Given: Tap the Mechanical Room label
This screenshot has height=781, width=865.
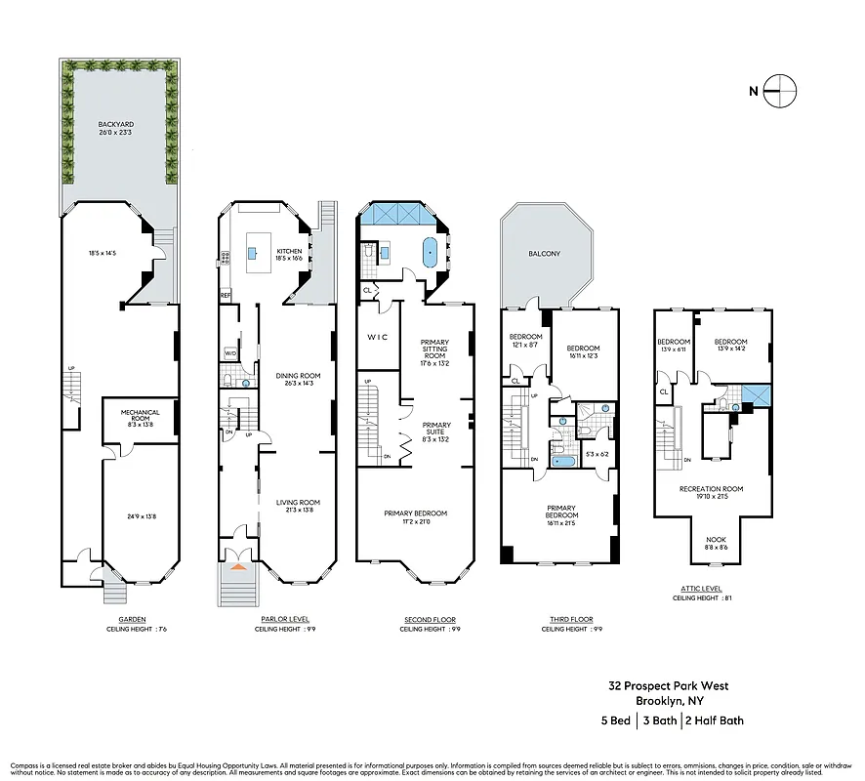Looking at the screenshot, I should point(141,412).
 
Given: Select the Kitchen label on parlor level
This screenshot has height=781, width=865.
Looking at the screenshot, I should point(289,251).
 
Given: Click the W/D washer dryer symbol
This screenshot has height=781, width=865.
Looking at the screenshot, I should point(231,353).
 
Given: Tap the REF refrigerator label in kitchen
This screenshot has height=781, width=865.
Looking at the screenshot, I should point(225,295).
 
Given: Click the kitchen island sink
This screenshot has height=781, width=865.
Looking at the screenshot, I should point(252,252).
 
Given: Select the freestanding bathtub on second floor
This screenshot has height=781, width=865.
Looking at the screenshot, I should point(430,252).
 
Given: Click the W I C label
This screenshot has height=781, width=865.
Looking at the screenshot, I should point(378,337).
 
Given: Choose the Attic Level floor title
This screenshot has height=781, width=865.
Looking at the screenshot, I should point(702,589).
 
